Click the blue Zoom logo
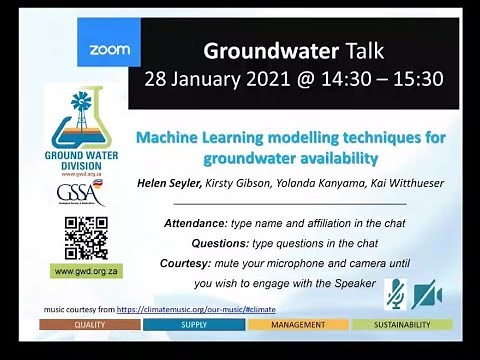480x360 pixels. [109, 49]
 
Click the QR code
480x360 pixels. [86, 237]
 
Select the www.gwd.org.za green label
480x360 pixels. [86, 271]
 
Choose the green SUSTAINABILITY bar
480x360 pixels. [402, 325]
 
